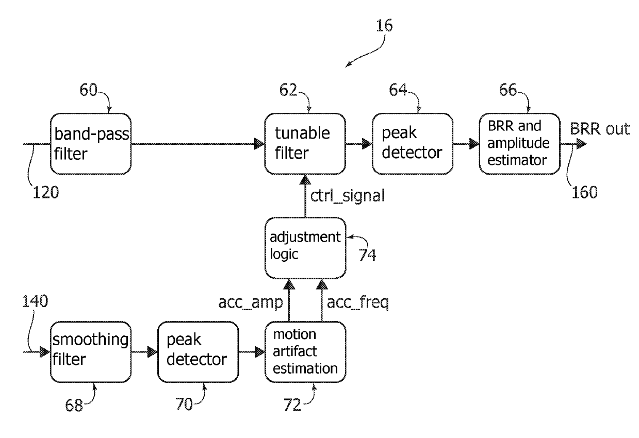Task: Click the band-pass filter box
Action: click(x=90, y=143)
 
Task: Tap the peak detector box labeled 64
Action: click(x=412, y=143)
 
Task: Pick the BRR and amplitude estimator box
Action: click(x=519, y=143)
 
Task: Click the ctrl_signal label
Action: click(x=347, y=196)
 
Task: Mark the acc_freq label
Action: click(x=357, y=303)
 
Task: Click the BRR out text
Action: click(x=600, y=129)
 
